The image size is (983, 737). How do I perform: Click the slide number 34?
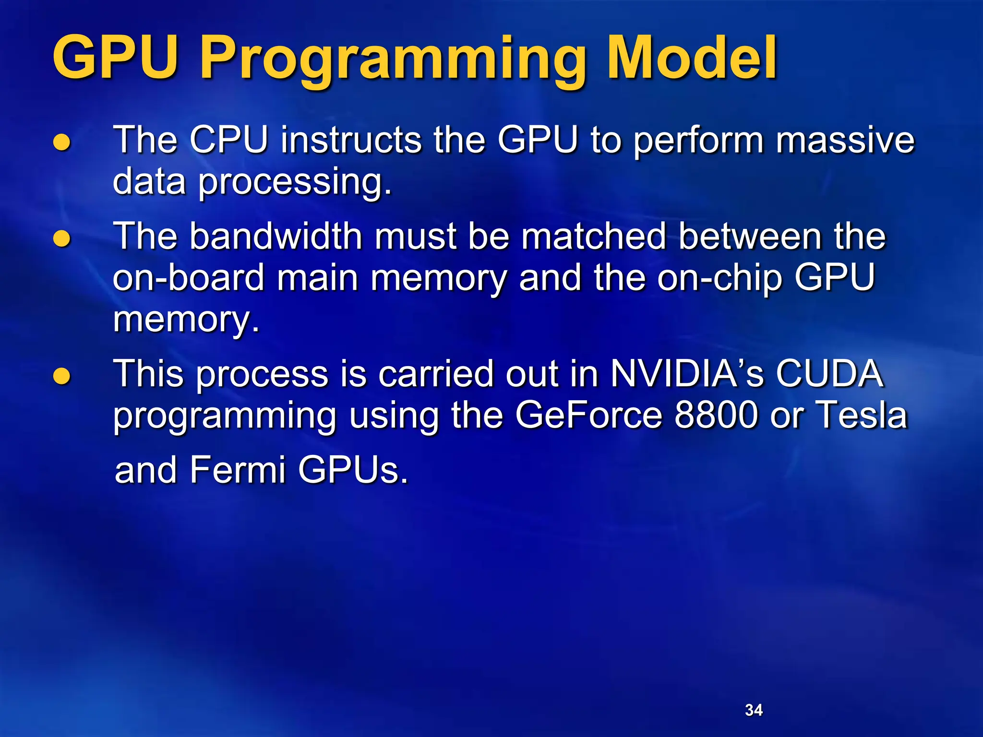754,710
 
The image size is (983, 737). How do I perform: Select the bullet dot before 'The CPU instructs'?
62,143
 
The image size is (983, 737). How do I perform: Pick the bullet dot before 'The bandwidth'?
62,238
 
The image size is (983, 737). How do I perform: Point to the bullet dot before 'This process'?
62,376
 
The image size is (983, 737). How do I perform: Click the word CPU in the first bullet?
228,140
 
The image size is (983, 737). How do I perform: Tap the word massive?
845,140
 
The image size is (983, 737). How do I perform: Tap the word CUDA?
829,373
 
